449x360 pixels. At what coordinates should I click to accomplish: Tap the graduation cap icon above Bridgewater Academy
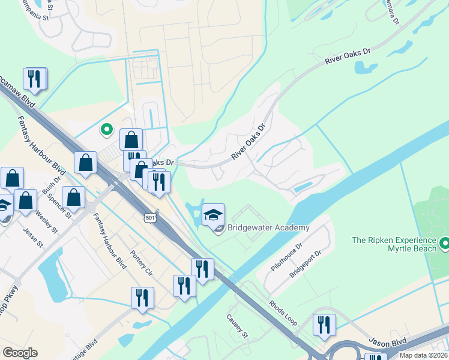click(213, 214)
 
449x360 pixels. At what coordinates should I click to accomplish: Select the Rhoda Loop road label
click(283, 313)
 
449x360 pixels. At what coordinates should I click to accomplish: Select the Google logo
click(20, 353)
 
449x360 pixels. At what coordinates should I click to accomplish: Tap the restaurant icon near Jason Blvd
click(324, 325)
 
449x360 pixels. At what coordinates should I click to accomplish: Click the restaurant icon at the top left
click(34, 79)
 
